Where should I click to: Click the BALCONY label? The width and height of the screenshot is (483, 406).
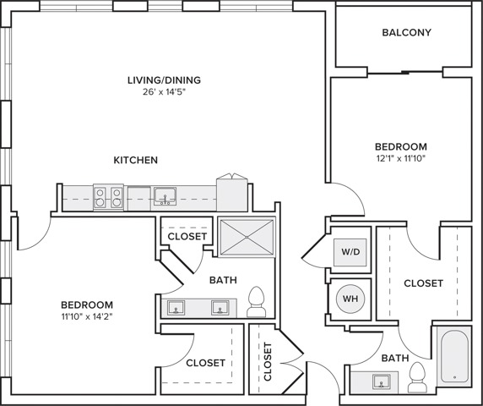[x=406, y=32]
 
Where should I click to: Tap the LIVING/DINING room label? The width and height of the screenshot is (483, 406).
[x=164, y=80]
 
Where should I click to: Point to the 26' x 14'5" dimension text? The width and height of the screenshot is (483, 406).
[x=165, y=92]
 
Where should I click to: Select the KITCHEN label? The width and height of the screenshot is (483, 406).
[x=136, y=160]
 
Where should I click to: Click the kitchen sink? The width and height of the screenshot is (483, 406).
[x=166, y=196]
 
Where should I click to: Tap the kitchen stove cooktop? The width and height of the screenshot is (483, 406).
[x=108, y=197]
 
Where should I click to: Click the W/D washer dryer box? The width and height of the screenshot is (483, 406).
[x=350, y=252]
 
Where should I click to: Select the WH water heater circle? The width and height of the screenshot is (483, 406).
[x=350, y=299]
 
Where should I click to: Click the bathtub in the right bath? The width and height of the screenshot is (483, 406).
[x=454, y=356]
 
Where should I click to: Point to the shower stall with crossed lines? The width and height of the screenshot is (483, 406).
[x=247, y=237]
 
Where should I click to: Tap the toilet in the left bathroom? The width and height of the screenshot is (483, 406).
[x=257, y=302]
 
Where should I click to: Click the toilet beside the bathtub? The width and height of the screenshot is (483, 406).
[x=417, y=377]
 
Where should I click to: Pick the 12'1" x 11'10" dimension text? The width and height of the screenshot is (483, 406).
[x=401, y=158]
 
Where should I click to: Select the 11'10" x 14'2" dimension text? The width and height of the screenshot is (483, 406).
[x=87, y=316]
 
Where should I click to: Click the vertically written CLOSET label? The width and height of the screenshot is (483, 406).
[x=268, y=361]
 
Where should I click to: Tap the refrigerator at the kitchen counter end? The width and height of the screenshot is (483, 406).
[x=232, y=193]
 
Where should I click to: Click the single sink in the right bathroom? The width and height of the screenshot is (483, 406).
[x=382, y=381]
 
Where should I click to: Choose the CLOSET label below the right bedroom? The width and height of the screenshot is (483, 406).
[x=423, y=283]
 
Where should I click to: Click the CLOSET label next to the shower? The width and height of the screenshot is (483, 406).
[x=187, y=236]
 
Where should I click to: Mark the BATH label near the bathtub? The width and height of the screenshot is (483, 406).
[x=395, y=358]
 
